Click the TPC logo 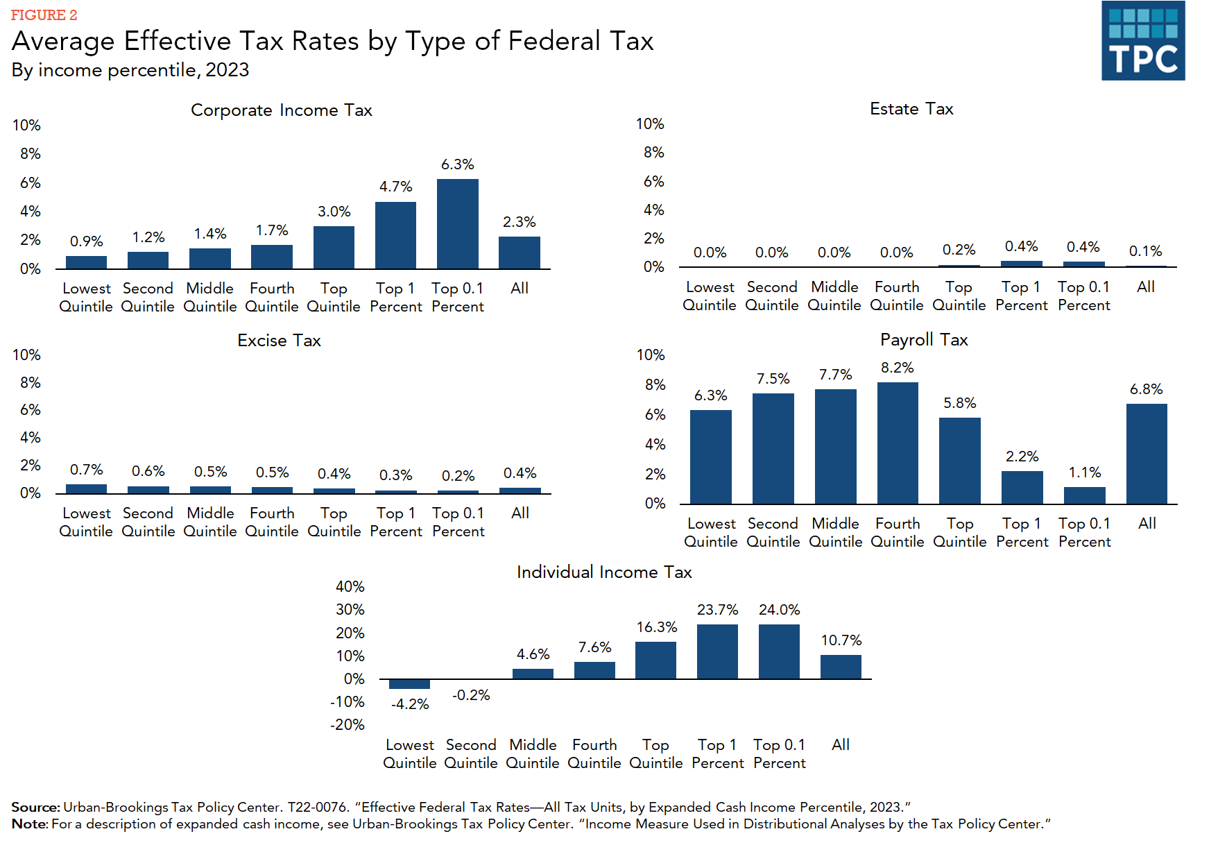(1142, 40)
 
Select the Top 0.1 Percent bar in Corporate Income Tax (457, 223)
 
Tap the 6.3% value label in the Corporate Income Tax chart (457, 164)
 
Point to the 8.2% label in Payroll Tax (898, 368)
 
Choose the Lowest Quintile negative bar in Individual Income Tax (409, 684)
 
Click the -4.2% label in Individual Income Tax (410, 704)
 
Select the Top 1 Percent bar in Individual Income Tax (717, 651)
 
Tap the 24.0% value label (779, 610)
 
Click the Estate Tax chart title (911, 109)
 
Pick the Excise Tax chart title (279, 341)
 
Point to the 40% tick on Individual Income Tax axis (350, 587)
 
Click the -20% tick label (347, 725)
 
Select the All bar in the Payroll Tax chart (1147, 454)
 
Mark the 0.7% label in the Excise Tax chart (86, 470)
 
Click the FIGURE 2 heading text (44, 15)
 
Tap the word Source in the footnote (35, 807)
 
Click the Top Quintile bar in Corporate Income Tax (334, 247)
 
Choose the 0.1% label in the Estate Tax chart (1145, 251)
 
